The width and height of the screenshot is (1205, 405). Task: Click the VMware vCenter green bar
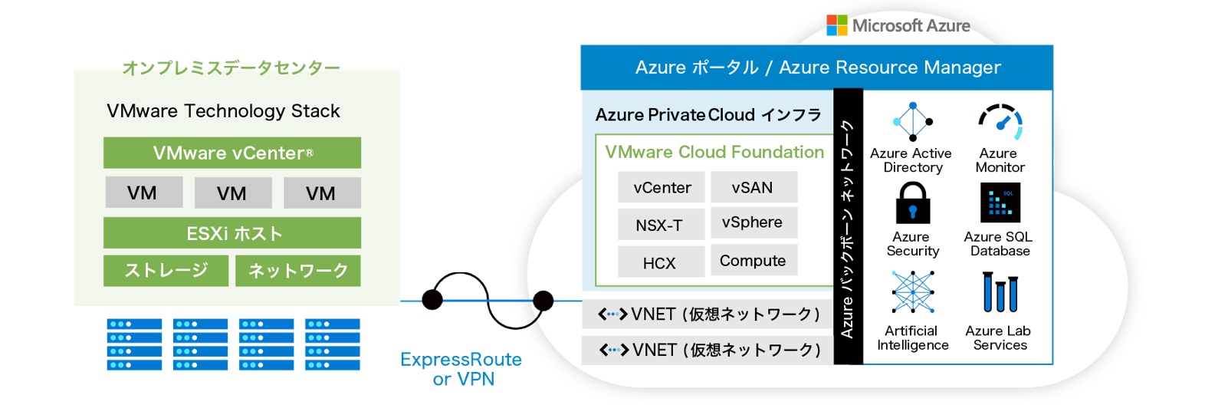point(231,153)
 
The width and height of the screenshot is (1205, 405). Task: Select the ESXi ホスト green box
point(231,233)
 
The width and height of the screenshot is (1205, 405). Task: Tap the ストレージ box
point(166,271)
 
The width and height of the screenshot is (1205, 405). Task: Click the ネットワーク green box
point(297,271)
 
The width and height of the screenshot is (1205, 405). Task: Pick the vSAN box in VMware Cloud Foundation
point(753,187)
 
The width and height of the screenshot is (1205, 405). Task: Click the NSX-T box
point(660,226)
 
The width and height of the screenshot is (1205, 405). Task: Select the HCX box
point(660,262)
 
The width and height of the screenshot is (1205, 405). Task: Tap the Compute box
point(753,261)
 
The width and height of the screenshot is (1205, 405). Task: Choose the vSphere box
point(753,222)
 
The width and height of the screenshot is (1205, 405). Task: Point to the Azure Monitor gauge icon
point(1000,121)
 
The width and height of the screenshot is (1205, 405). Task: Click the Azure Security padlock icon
point(912,203)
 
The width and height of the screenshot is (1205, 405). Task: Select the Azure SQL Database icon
point(1000,203)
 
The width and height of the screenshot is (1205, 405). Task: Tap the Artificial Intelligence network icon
point(912,293)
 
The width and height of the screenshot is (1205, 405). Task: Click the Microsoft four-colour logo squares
point(836,25)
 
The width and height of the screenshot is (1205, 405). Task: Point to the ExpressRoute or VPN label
point(461,369)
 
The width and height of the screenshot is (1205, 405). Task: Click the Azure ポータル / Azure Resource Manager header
point(817,67)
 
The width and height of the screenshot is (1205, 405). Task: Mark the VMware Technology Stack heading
point(223,111)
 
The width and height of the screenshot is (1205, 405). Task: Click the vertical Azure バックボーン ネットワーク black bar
point(848,227)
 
